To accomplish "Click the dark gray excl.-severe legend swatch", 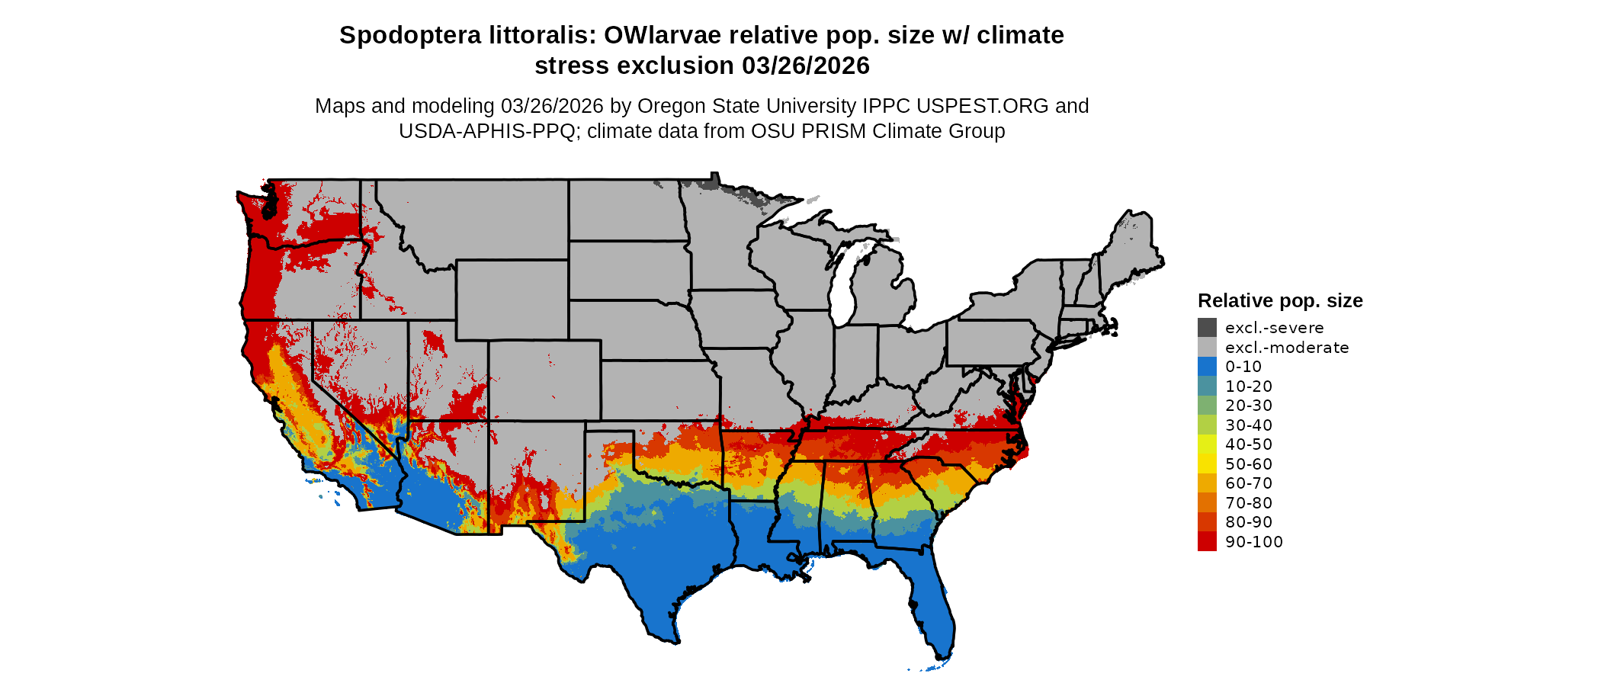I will click(x=1207, y=328).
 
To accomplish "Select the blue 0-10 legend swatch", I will click(x=1207, y=367).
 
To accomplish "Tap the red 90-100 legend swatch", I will click(x=1207, y=541).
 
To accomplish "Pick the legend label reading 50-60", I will click(x=1248, y=464).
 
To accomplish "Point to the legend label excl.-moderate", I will click(x=1286, y=348).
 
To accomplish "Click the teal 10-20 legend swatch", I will click(x=1207, y=386).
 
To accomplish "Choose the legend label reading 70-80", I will click(x=1248, y=503).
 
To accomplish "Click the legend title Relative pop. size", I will click(x=1279, y=300).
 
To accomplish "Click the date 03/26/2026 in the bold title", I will click(x=805, y=66).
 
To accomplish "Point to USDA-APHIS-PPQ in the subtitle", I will click(x=486, y=131).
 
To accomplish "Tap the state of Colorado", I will click(x=544, y=380).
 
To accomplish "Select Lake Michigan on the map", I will click(x=842, y=286).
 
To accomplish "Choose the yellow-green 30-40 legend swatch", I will click(x=1207, y=425).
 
